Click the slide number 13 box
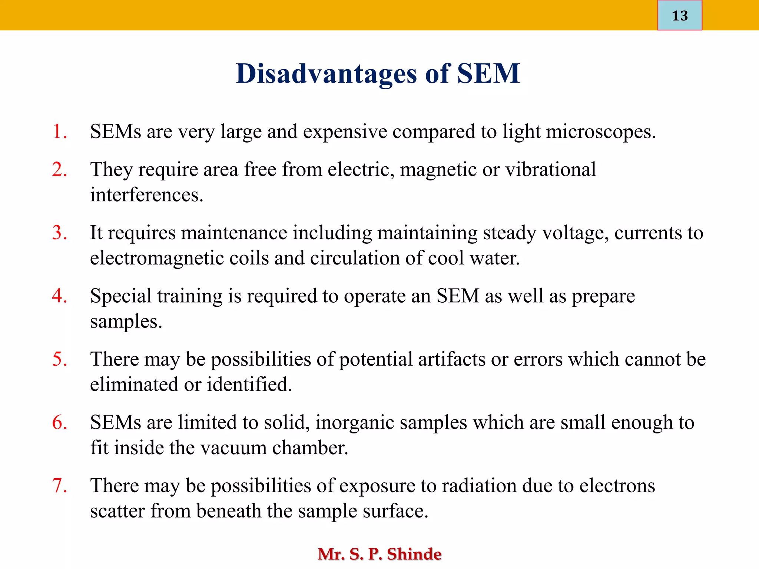pyautogui.click(x=679, y=16)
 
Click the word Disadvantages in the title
pyautogui.click(x=326, y=73)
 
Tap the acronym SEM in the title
pyautogui.click(x=488, y=73)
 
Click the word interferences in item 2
pyautogui.click(x=146, y=195)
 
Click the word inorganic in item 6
pyautogui.click(x=355, y=423)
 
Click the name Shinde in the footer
pyautogui.click(x=414, y=554)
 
